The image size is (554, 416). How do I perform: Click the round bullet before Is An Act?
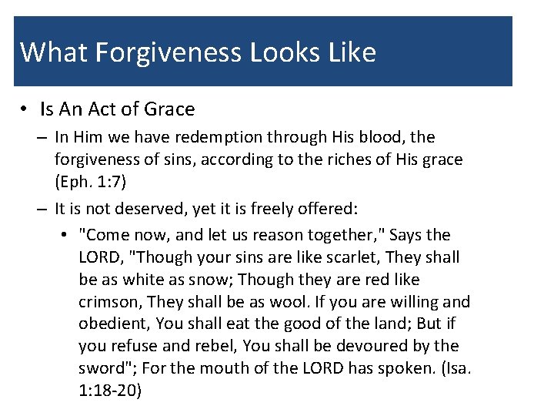tap(25, 109)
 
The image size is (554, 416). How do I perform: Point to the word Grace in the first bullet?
tap(169, 109)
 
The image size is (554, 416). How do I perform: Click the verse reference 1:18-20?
tap(110, 391)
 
